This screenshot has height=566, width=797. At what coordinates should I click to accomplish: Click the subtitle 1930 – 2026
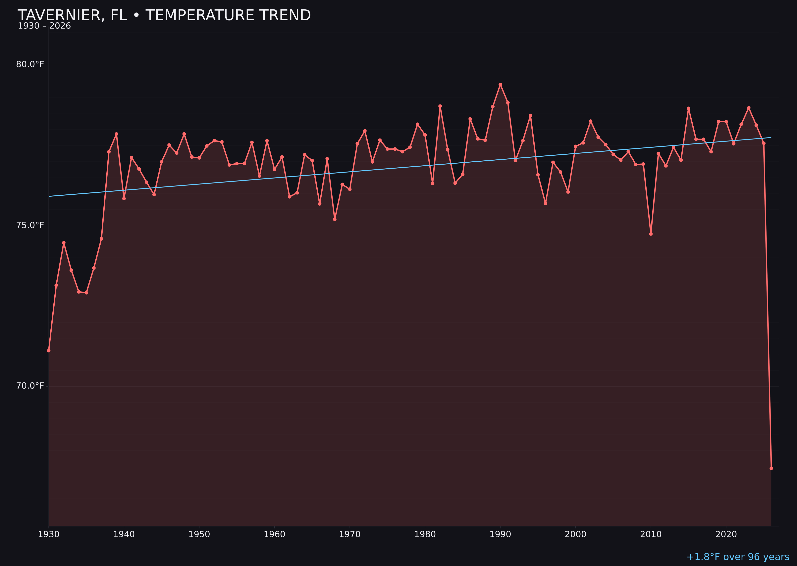point(44,26)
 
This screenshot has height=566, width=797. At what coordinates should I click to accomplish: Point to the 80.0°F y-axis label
point(30,64)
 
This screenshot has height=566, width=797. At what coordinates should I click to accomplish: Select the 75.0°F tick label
point(30,225)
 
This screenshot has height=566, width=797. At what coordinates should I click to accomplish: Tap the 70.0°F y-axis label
point(30,386)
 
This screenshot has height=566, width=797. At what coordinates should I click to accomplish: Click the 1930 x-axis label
point(48,534)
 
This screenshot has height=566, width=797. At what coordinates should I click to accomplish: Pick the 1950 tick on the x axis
point(199,534)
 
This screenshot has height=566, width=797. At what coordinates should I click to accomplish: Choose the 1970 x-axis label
point(350,534)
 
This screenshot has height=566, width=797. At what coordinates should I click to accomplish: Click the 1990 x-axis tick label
point(500,534)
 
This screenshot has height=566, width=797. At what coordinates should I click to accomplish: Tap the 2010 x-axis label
point(651,534)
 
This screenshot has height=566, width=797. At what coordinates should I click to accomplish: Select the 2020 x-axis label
point(726,534)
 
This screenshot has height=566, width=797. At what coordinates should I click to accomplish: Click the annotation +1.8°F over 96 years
point(738,557)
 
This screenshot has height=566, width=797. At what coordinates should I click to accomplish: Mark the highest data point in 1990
point(500,84)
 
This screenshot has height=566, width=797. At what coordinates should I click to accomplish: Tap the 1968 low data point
point(335,219)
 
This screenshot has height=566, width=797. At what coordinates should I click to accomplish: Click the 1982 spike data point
point(440,106)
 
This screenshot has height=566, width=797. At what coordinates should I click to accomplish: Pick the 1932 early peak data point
point(64,243)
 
